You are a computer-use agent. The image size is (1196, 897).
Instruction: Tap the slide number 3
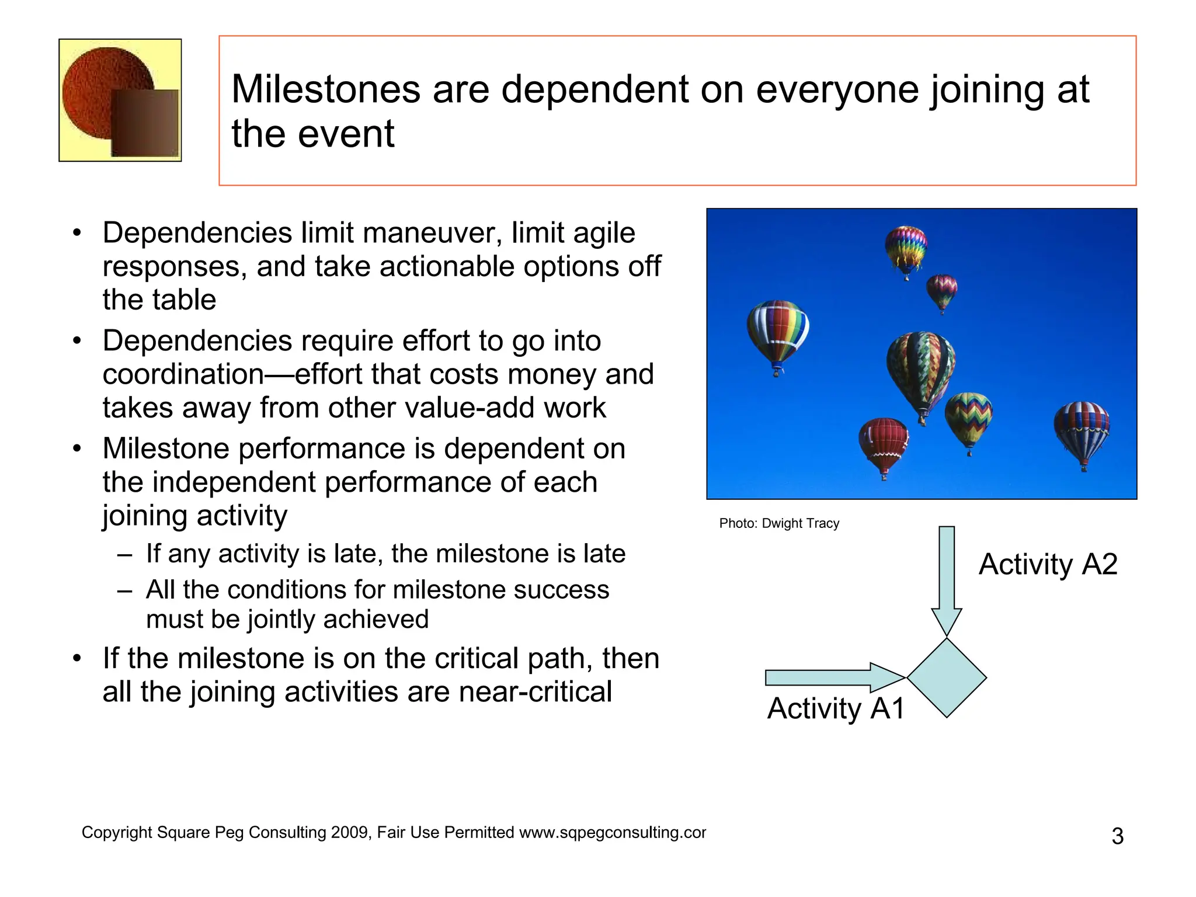[x=1117, y=836]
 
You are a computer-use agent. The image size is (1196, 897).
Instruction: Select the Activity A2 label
[x=1048, y=564]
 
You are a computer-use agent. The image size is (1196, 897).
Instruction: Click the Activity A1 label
[x=836, y=708]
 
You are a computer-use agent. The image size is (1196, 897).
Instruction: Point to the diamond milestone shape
[x=946, y=678]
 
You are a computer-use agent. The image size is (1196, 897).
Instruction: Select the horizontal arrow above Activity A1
[x=829, y=677]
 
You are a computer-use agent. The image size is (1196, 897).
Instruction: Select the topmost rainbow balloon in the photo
[x=906, y=248]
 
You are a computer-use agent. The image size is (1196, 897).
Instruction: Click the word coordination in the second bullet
[x=183, y=374]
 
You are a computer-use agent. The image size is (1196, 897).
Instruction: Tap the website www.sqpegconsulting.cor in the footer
[x=612, y=832]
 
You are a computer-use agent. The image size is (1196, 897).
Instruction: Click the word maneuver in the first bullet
[x=432, y=233]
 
